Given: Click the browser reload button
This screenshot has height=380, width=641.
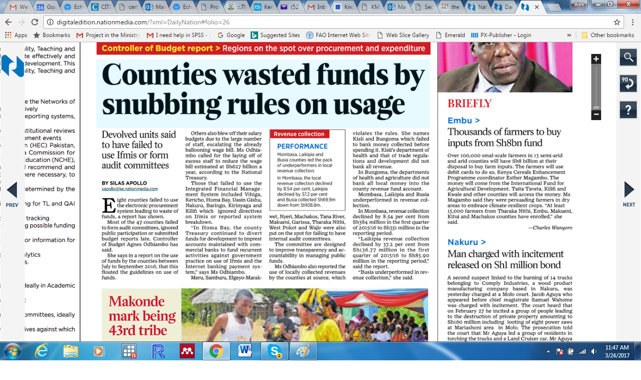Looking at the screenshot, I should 35,22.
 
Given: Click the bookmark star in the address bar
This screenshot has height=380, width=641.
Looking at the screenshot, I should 617,22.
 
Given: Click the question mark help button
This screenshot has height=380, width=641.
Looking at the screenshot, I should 628,110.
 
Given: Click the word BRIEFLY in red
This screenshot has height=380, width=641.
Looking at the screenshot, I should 469,104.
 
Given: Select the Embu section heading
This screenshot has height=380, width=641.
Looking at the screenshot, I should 463,121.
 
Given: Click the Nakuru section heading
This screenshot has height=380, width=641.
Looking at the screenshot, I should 466,242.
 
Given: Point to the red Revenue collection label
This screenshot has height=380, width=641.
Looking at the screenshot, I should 299,134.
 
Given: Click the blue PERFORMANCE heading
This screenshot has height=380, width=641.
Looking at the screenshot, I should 302,146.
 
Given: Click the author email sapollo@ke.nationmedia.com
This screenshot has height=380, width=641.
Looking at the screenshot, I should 130,189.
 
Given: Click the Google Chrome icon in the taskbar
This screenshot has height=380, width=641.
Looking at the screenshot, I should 216,351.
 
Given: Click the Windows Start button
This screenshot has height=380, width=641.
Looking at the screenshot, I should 13,351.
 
